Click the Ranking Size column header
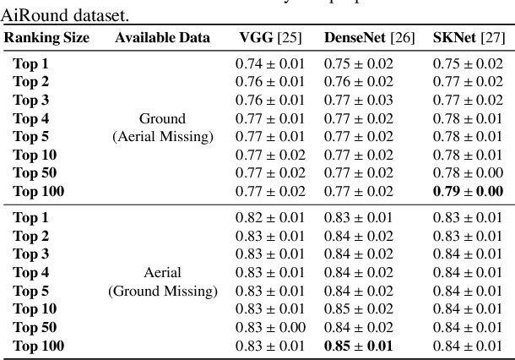[x=47, y=38]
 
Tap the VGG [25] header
[x=268, y=38]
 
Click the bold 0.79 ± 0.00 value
[x=469, y=192]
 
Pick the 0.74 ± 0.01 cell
[x=269, y=63]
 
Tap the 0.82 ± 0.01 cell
[x=269, y=217]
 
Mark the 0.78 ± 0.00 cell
[x=469, y=173]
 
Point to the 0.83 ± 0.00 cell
[x=269, y=327]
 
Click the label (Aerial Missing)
[x=162, y=136]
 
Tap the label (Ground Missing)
[x=162, y=291]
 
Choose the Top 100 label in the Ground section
[x=39, y=192]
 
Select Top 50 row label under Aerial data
[x=35, y=327]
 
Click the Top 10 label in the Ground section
[x=35, y=155]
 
